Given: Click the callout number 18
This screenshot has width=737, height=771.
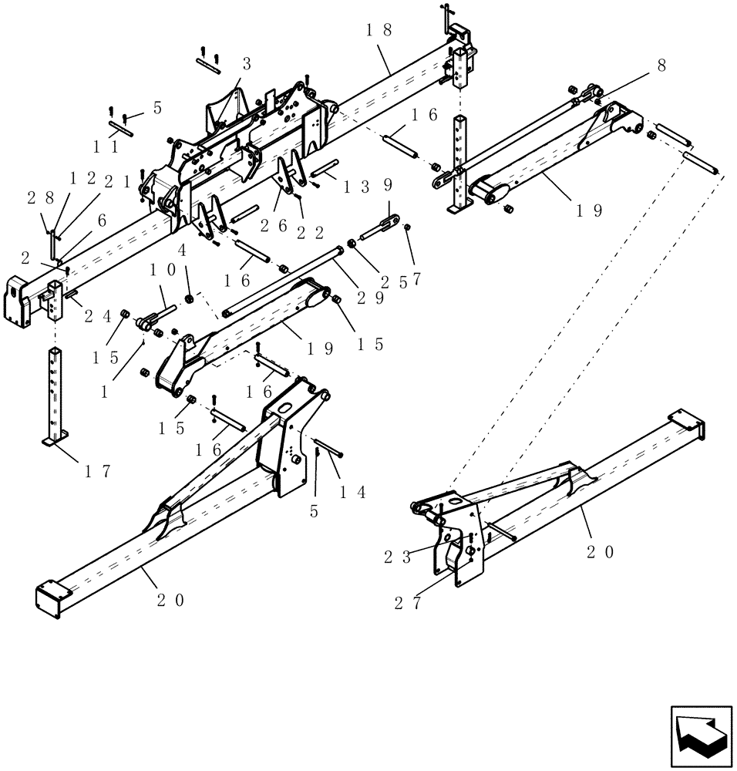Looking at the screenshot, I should [379, 30].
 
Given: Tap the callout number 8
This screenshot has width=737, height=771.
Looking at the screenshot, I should [661, 67].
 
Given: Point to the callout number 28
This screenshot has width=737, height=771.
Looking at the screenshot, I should [42, 199].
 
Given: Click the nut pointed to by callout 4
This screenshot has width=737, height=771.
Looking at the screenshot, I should [188, 298].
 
